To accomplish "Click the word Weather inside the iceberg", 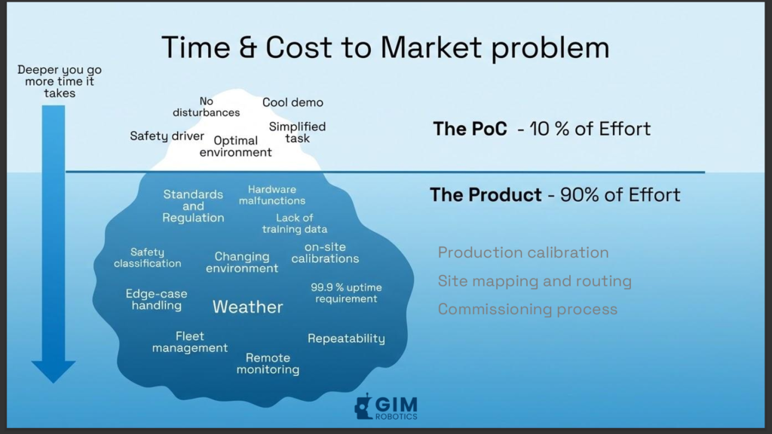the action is pyautogui.click(x=247, y=307).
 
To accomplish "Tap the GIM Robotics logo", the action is pyautogui.click(x=386, y=407).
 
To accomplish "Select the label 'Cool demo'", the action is pyautogui.click(x=293, y=102).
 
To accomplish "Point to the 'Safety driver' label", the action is pyautogui.click(x=167, y=136).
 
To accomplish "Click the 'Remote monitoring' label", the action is pyautogui.click(x=268, y=364).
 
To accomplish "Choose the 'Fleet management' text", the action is pyautogui.click(x=189, y=342).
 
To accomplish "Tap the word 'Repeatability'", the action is pyautogui.click(x=346, y=338).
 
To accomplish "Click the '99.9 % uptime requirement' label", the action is pyautogui.click(x=346, y=293).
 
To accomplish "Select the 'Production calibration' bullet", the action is pyautogui.click(x=523, y=252).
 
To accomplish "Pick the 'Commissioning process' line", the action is pyautogui.click(x=527, y=309).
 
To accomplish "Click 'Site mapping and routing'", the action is pyautogui.click(x=535, y=281).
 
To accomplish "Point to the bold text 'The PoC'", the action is pyautogui.click(x=470, y=129).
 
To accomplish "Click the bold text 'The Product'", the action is pyautogui.click(x=486, y=195).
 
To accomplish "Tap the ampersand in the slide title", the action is pyautogui.click(x=247, y=47).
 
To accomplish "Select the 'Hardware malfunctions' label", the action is pyautogui.click(x=271, y=195).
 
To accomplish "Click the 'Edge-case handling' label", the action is pyautogui.click(x=156, y=300).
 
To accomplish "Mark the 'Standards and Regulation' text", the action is pyautogui.click(x=193, y=206).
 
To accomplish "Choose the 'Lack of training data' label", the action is pyautogui.click(x=295, y=223).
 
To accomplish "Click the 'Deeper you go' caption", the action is pyautogui.click(x=60, y=70).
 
